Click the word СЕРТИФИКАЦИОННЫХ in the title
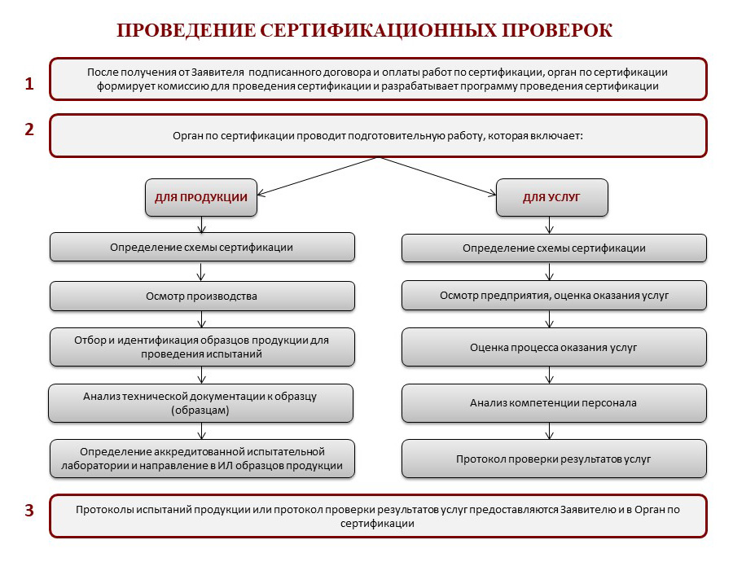378,30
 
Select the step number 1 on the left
29,83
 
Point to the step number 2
29,129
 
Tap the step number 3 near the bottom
29,510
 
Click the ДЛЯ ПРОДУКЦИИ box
201,197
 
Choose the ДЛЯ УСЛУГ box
551,197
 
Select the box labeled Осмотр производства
202,296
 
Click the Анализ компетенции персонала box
554,403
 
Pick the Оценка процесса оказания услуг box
554,348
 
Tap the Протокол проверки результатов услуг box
554,459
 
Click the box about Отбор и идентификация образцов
202,347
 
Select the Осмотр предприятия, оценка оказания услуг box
554,295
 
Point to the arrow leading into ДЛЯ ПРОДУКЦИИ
317,176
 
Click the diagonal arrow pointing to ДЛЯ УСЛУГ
437,176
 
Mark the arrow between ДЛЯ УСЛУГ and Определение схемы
550,225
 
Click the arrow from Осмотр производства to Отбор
201,319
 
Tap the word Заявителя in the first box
217,72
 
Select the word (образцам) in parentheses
200,411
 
